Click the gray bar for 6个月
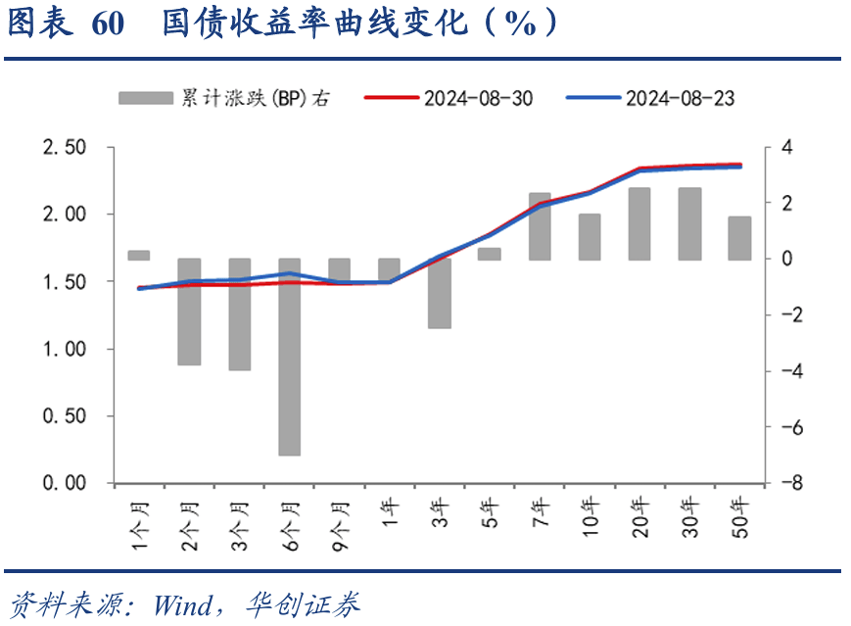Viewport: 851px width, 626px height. [289, 357]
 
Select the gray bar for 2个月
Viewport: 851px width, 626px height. [189, 312]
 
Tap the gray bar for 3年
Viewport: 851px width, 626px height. [440, 293]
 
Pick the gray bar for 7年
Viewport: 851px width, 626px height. [540, 226]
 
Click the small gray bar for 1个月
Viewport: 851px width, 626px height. [139, 256]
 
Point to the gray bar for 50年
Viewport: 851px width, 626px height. [739, 238]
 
